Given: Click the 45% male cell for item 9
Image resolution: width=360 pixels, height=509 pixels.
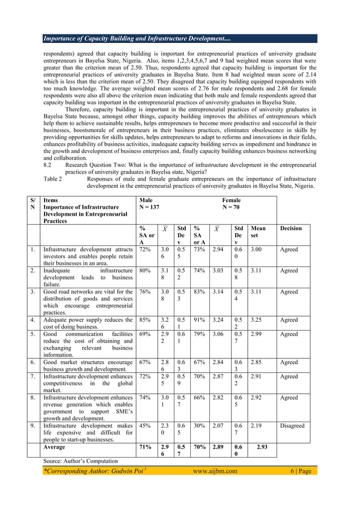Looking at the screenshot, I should click(x=144, y=426).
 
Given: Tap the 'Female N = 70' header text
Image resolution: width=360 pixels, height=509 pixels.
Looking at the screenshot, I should click(x=231, y=204).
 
